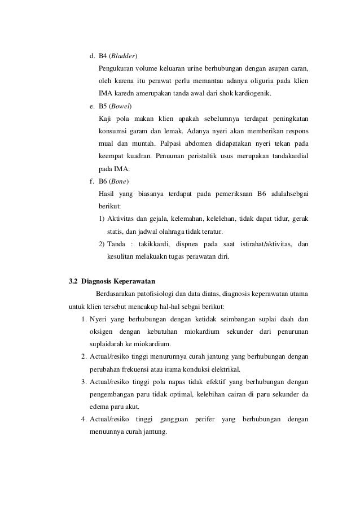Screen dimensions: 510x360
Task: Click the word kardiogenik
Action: pos(251,93)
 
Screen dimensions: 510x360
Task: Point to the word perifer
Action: pos(204,420)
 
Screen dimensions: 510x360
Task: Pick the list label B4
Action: pos(103,56)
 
